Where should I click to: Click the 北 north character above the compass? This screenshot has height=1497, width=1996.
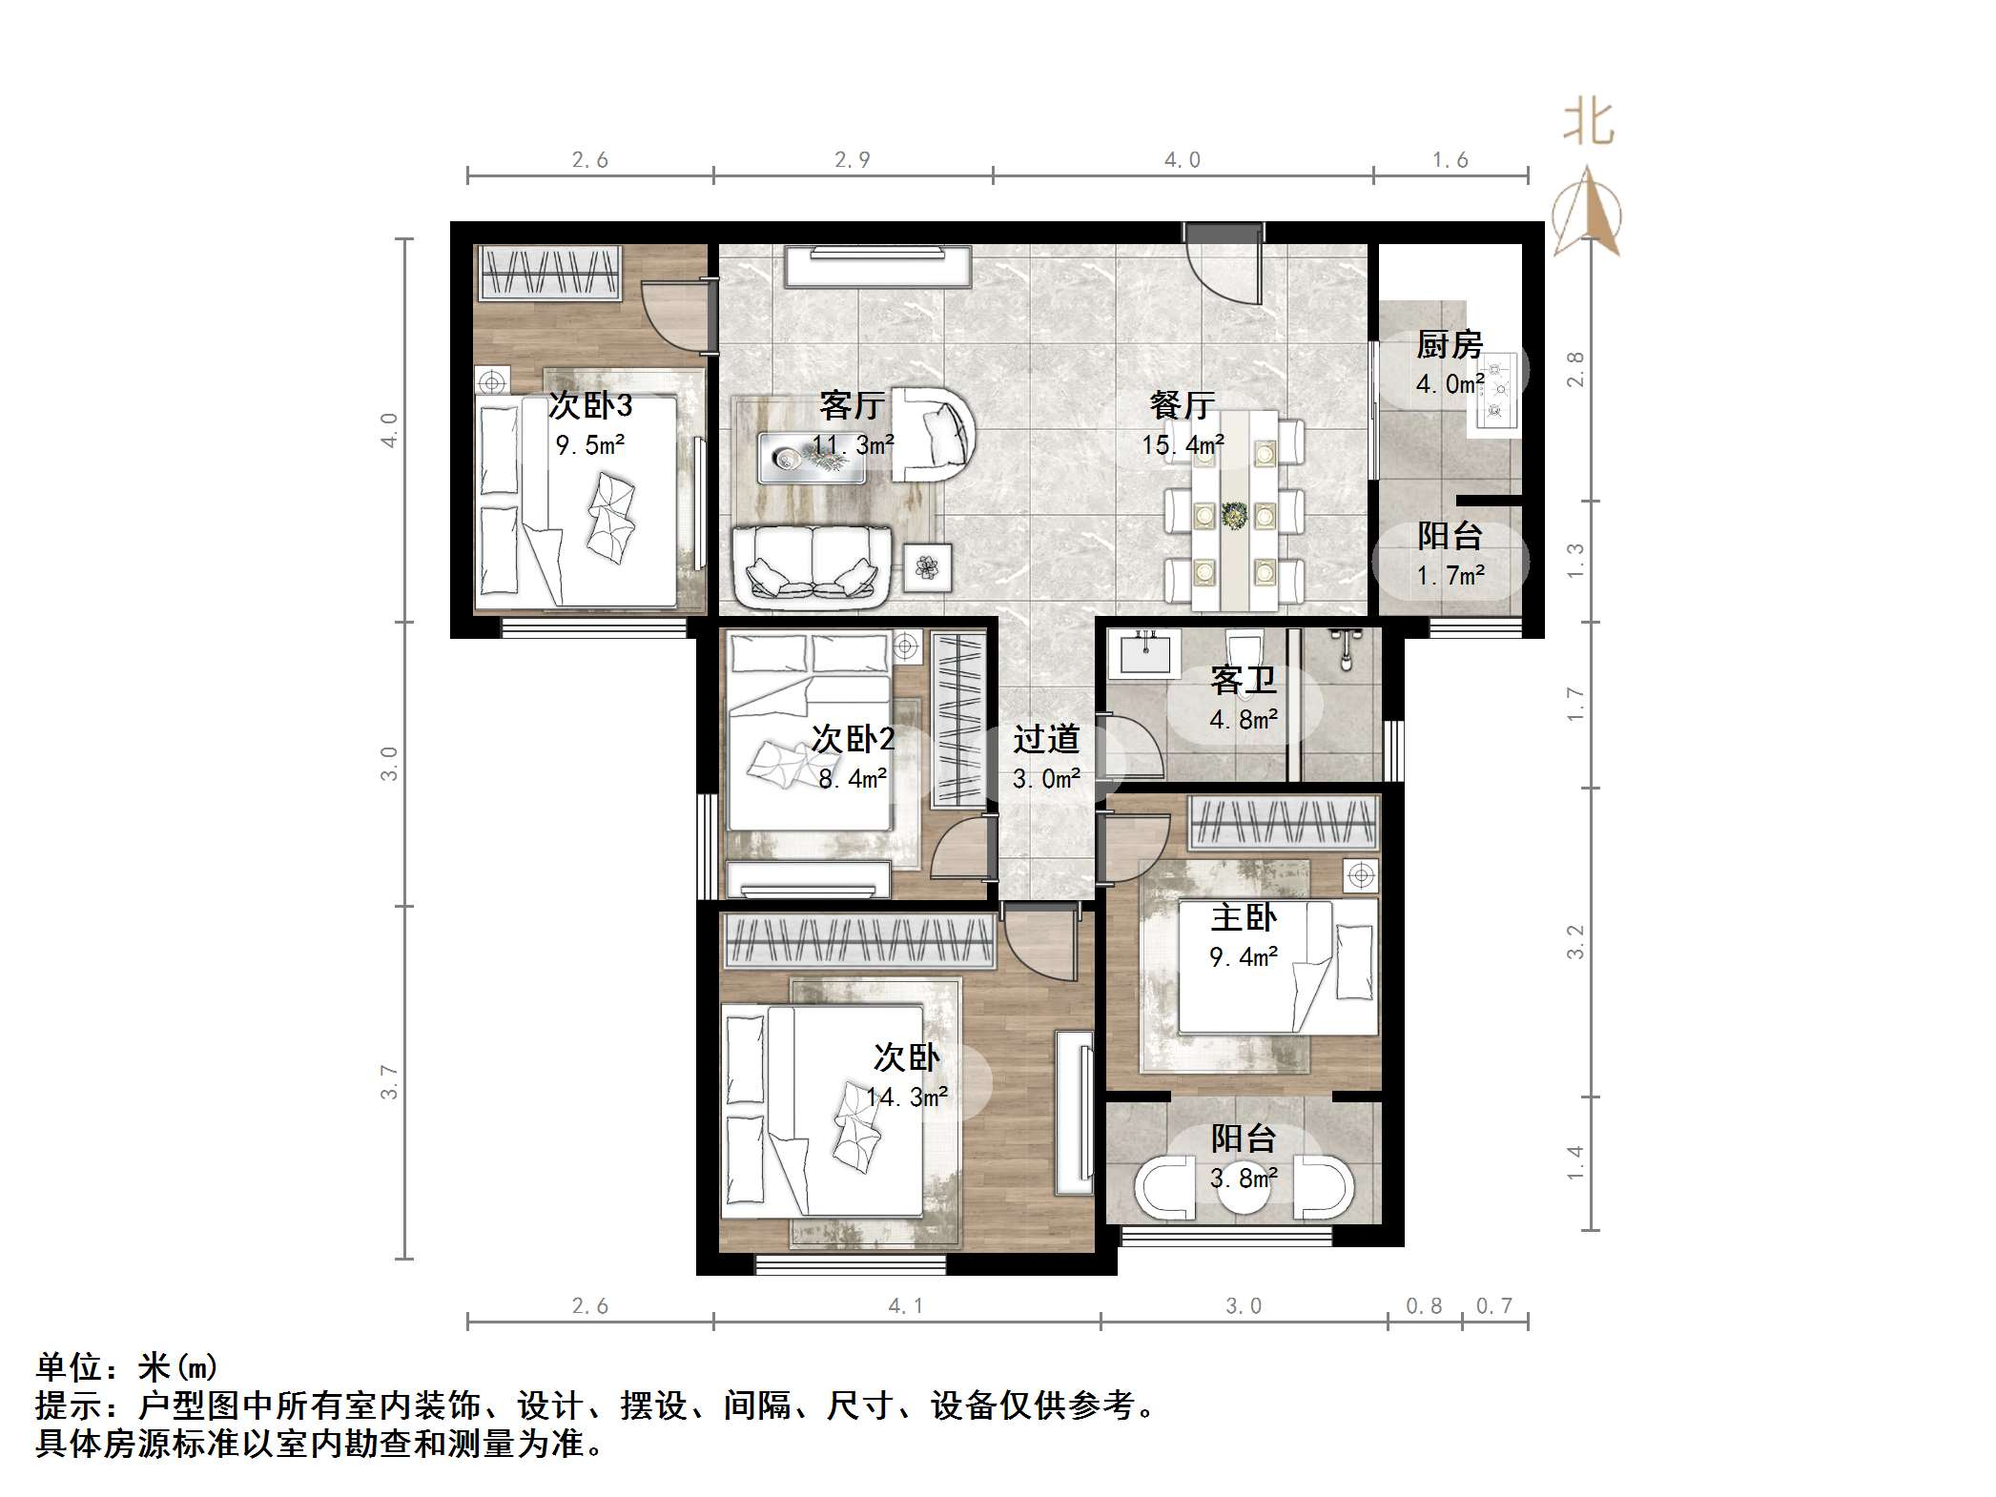click(x=1587, y=123)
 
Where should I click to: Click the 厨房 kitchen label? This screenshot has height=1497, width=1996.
click(x=1448, y=344)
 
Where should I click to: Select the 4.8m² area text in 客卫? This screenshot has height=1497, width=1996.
click(x=1243, y=720)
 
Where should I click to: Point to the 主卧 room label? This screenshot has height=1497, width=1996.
click(x=1243, y=918)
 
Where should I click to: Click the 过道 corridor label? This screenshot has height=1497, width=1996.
click(x=1045, y=740)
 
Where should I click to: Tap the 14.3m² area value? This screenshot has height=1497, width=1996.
click(x=906, y=1097)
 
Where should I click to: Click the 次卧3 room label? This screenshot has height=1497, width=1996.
click(x=589, y=406)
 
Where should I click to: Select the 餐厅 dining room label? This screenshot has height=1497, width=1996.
click(x=1182, y=406)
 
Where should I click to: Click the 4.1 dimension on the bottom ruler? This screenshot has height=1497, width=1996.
click(x=905, y=1306)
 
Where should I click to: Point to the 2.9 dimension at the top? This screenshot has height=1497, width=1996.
click(x=852, y=160)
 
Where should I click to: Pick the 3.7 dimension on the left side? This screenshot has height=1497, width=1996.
click(x=389, y=1082)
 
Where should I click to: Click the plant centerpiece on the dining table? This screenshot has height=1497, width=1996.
click(x=1234, y=516)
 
